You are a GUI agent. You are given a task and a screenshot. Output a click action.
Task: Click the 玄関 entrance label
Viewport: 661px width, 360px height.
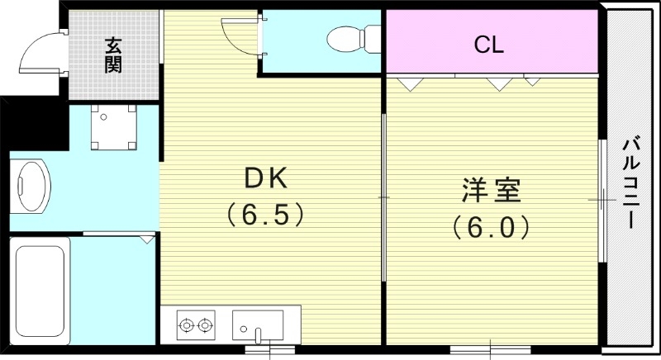coord(112,55)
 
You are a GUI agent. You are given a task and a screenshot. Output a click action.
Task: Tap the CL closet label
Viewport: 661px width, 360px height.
coord(488,45)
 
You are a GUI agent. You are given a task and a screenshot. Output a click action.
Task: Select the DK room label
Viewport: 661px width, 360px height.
coord(265,178)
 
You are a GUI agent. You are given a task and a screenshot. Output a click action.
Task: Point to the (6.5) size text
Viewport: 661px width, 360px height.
coord(266,216)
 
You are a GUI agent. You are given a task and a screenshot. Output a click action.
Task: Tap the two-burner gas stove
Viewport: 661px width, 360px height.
coord(197,325)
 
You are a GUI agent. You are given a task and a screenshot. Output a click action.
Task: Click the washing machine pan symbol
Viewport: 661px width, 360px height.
coord(112,129)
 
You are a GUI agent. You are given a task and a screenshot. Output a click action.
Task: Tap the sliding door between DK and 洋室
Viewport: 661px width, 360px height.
coord(384,198)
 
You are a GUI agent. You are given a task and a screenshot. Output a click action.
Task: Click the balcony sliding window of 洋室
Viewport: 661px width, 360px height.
coord(602,200)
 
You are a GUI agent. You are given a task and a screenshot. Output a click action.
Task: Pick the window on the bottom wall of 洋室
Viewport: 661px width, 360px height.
coord(492,348)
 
